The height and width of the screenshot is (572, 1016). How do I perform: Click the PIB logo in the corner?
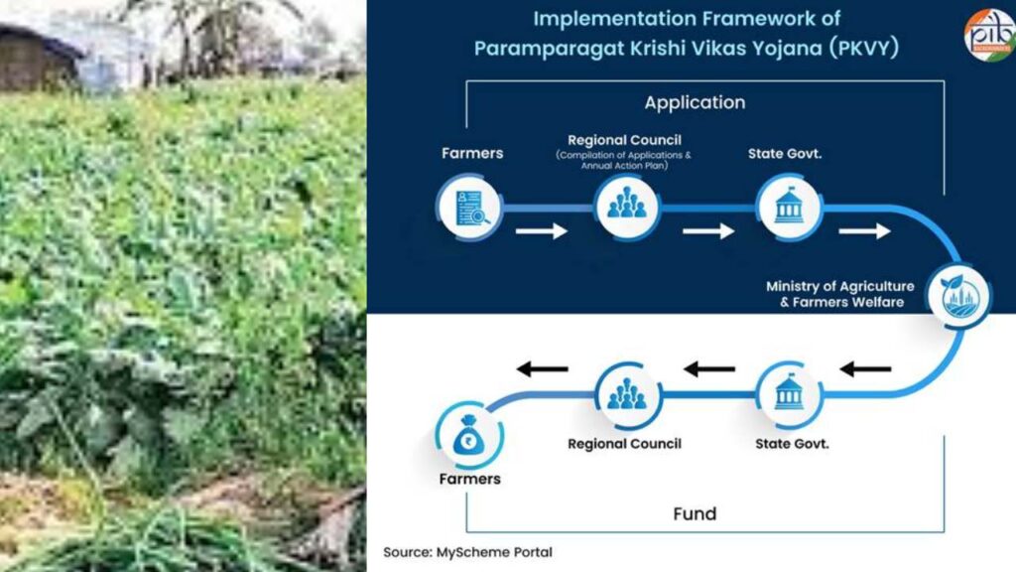click(x=988, y=34)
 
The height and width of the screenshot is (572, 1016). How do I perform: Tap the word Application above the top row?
click(x=695, y=102)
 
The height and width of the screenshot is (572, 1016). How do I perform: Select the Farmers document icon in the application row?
click(x=469, y=208)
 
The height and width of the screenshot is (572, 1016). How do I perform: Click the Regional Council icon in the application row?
click(x=626, y=208)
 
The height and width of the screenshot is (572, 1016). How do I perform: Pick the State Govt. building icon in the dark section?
click(x=789, y=208)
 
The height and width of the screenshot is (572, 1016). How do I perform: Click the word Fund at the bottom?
click(x=695, y=513)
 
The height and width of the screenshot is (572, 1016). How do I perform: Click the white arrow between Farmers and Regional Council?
click(x=542, y=231)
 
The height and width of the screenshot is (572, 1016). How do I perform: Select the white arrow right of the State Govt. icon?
click(x=864, y=231)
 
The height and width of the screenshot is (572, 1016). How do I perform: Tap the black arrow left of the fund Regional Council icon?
click(x=542, y=369)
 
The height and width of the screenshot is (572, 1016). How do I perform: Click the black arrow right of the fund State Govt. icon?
click(x=865, y=369)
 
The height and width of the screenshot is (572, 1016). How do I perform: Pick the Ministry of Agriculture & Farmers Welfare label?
click(x=839, y=294)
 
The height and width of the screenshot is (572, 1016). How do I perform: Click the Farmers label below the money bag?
click(x=469, y=479)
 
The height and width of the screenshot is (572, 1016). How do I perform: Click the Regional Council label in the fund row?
click(x=624, y=444)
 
